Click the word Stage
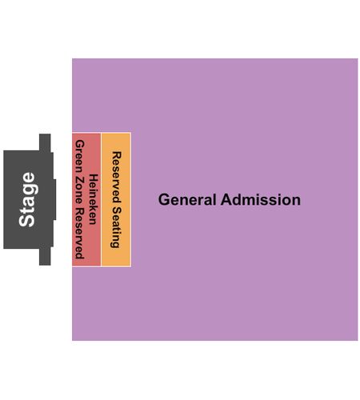coord(27,199)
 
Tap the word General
coord(187,200)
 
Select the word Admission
coord(261,199)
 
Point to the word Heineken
coord(94,199)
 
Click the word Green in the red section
coord(80,157)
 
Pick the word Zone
coord(80,190)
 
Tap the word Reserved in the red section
coord(80,234)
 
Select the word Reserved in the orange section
coord(117,178)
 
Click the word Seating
coord(117,227)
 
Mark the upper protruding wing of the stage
coord(45,142)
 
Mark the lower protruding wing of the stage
coord(45,257)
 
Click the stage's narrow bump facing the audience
coord(54,199)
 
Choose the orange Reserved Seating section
coord(116,199)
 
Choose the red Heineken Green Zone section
coord(86,199)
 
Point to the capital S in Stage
coord(26,220)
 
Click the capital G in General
coord(164,200)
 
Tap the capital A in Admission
coord(226,199)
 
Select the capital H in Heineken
coord(94,178)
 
